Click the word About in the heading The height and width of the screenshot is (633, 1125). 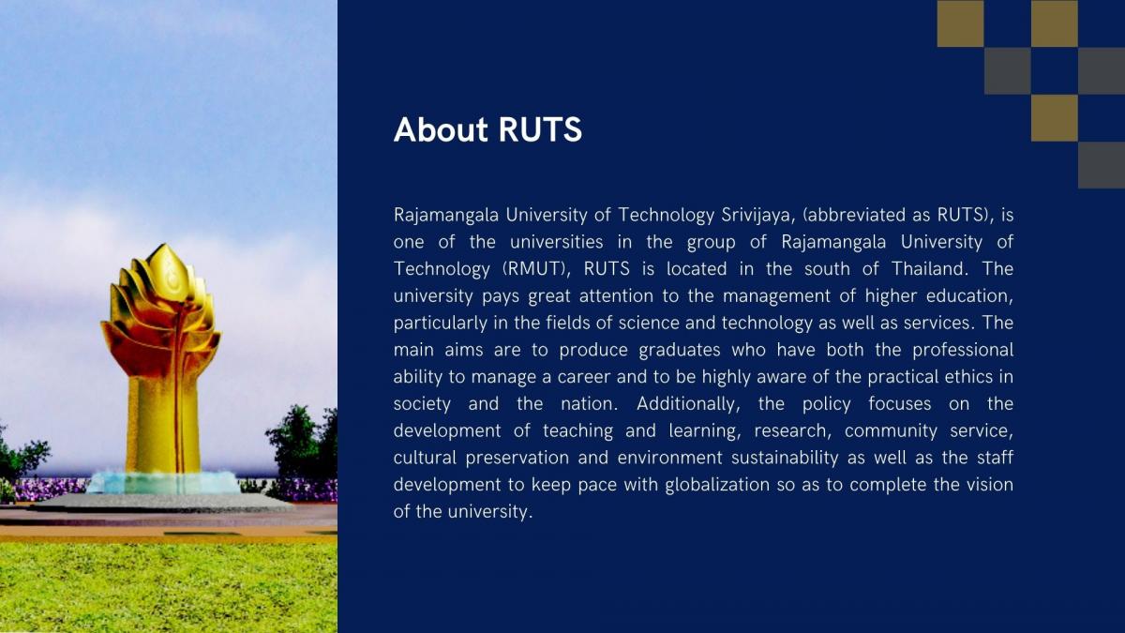pyautogui.click(x=441, y=129)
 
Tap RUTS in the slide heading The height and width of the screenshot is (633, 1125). pyautogui.click(x=540, y=129)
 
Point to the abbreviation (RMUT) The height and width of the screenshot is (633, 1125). pyautogui.click(x=536, y=269)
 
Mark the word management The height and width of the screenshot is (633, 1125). pyautogui.click(x=776, y=297)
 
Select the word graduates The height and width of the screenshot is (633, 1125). pyautogui.click(x=680, y=351)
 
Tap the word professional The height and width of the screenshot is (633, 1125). pyautogui.click(x=963, y=351)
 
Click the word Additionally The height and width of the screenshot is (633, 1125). pyautogui.click(x=688, y=404)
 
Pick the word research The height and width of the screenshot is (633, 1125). pyautogui.click(x=790, y=431)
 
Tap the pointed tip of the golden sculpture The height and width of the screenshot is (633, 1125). pyautogui.click(x=163, y=245)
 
